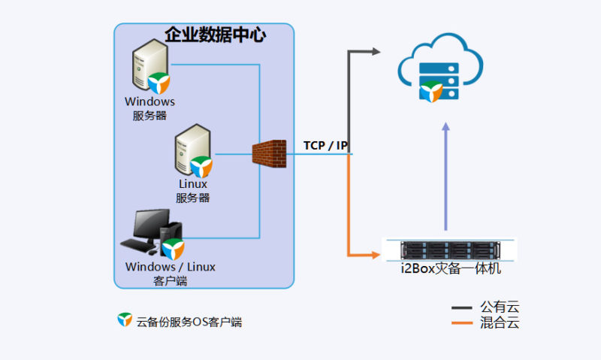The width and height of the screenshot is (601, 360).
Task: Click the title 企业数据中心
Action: (x=215, y=35)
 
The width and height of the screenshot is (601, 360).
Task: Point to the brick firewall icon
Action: (x=269, y=154)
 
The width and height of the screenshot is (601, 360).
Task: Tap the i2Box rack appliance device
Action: (x=449, y=249)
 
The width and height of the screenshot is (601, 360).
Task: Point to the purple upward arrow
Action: (x=446, y=177)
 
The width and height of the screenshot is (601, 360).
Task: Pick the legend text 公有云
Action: (x=499, y=307)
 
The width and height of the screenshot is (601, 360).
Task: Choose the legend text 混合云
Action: (x=499, y=323)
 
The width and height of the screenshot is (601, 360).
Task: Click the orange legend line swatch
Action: (x=461, y=323)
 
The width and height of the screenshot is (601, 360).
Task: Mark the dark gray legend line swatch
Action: (x=461, y=307)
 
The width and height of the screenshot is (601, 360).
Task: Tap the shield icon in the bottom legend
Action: (x=125, y=320)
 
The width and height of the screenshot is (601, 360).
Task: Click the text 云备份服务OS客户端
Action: (x=189, y=322)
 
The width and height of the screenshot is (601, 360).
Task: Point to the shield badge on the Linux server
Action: (x=201, y=165)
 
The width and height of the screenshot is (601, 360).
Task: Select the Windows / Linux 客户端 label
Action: (x=171, y=274)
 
